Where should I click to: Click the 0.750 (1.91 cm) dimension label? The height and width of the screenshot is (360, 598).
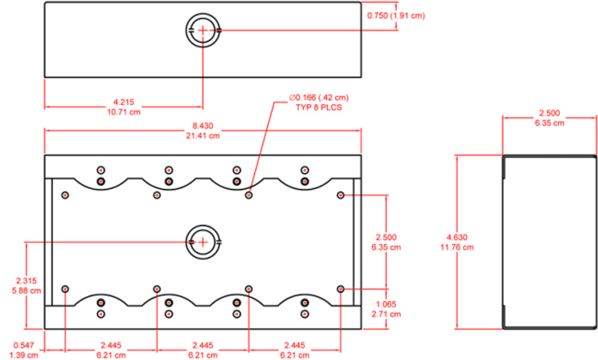tap(396, 16)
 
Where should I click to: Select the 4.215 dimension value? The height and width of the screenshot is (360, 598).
tap(123, 102)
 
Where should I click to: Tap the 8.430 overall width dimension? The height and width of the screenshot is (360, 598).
tap(203, 125)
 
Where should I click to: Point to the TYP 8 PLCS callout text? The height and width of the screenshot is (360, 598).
tap(319, 108)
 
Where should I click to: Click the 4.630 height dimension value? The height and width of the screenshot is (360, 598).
tap(457, 238)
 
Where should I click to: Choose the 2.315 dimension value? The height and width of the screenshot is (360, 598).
tap(26, 281)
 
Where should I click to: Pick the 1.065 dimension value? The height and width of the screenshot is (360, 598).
tap(386, 305)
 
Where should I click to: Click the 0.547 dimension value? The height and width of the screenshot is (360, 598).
tap(24, 346)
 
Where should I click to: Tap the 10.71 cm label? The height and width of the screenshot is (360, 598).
tap(123, 112)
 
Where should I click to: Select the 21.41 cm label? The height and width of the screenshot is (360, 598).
tap(203, 136)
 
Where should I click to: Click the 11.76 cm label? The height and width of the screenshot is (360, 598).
tap(457, 247)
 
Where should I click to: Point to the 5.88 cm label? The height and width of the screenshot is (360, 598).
tap(26, 291)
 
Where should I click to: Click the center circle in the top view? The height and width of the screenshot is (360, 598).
tap(203, 30)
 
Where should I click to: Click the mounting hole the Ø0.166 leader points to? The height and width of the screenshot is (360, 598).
tap(249, 196)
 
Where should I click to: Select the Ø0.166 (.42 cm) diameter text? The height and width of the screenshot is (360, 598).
tap(319, 98)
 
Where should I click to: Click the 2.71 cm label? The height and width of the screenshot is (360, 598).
tap(386, 314)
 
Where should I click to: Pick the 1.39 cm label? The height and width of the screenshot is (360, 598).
tap(24, 355)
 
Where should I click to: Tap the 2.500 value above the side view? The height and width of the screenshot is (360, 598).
tap(549, 113)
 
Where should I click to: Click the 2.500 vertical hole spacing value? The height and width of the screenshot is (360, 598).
tap(386, 238)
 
